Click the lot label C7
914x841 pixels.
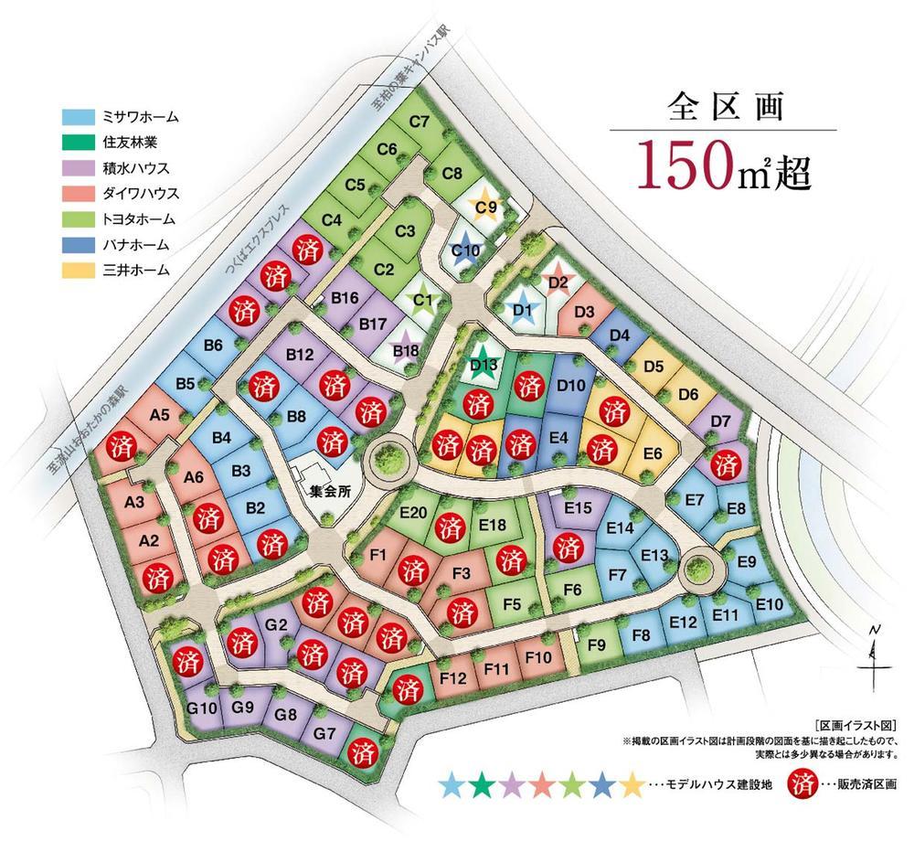pyautogui.click(x=420, y=120)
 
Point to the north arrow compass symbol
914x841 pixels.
pyautogui.click(x=874, y=651)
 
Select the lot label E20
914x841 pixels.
pyautogui.click(x=414, y=513)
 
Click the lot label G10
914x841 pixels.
pyautogui.click(x=202, y=708)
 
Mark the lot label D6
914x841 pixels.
pyautogui.click(x=688, y=395)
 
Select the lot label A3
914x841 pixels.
pyautogui.click(x=134, y=502)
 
